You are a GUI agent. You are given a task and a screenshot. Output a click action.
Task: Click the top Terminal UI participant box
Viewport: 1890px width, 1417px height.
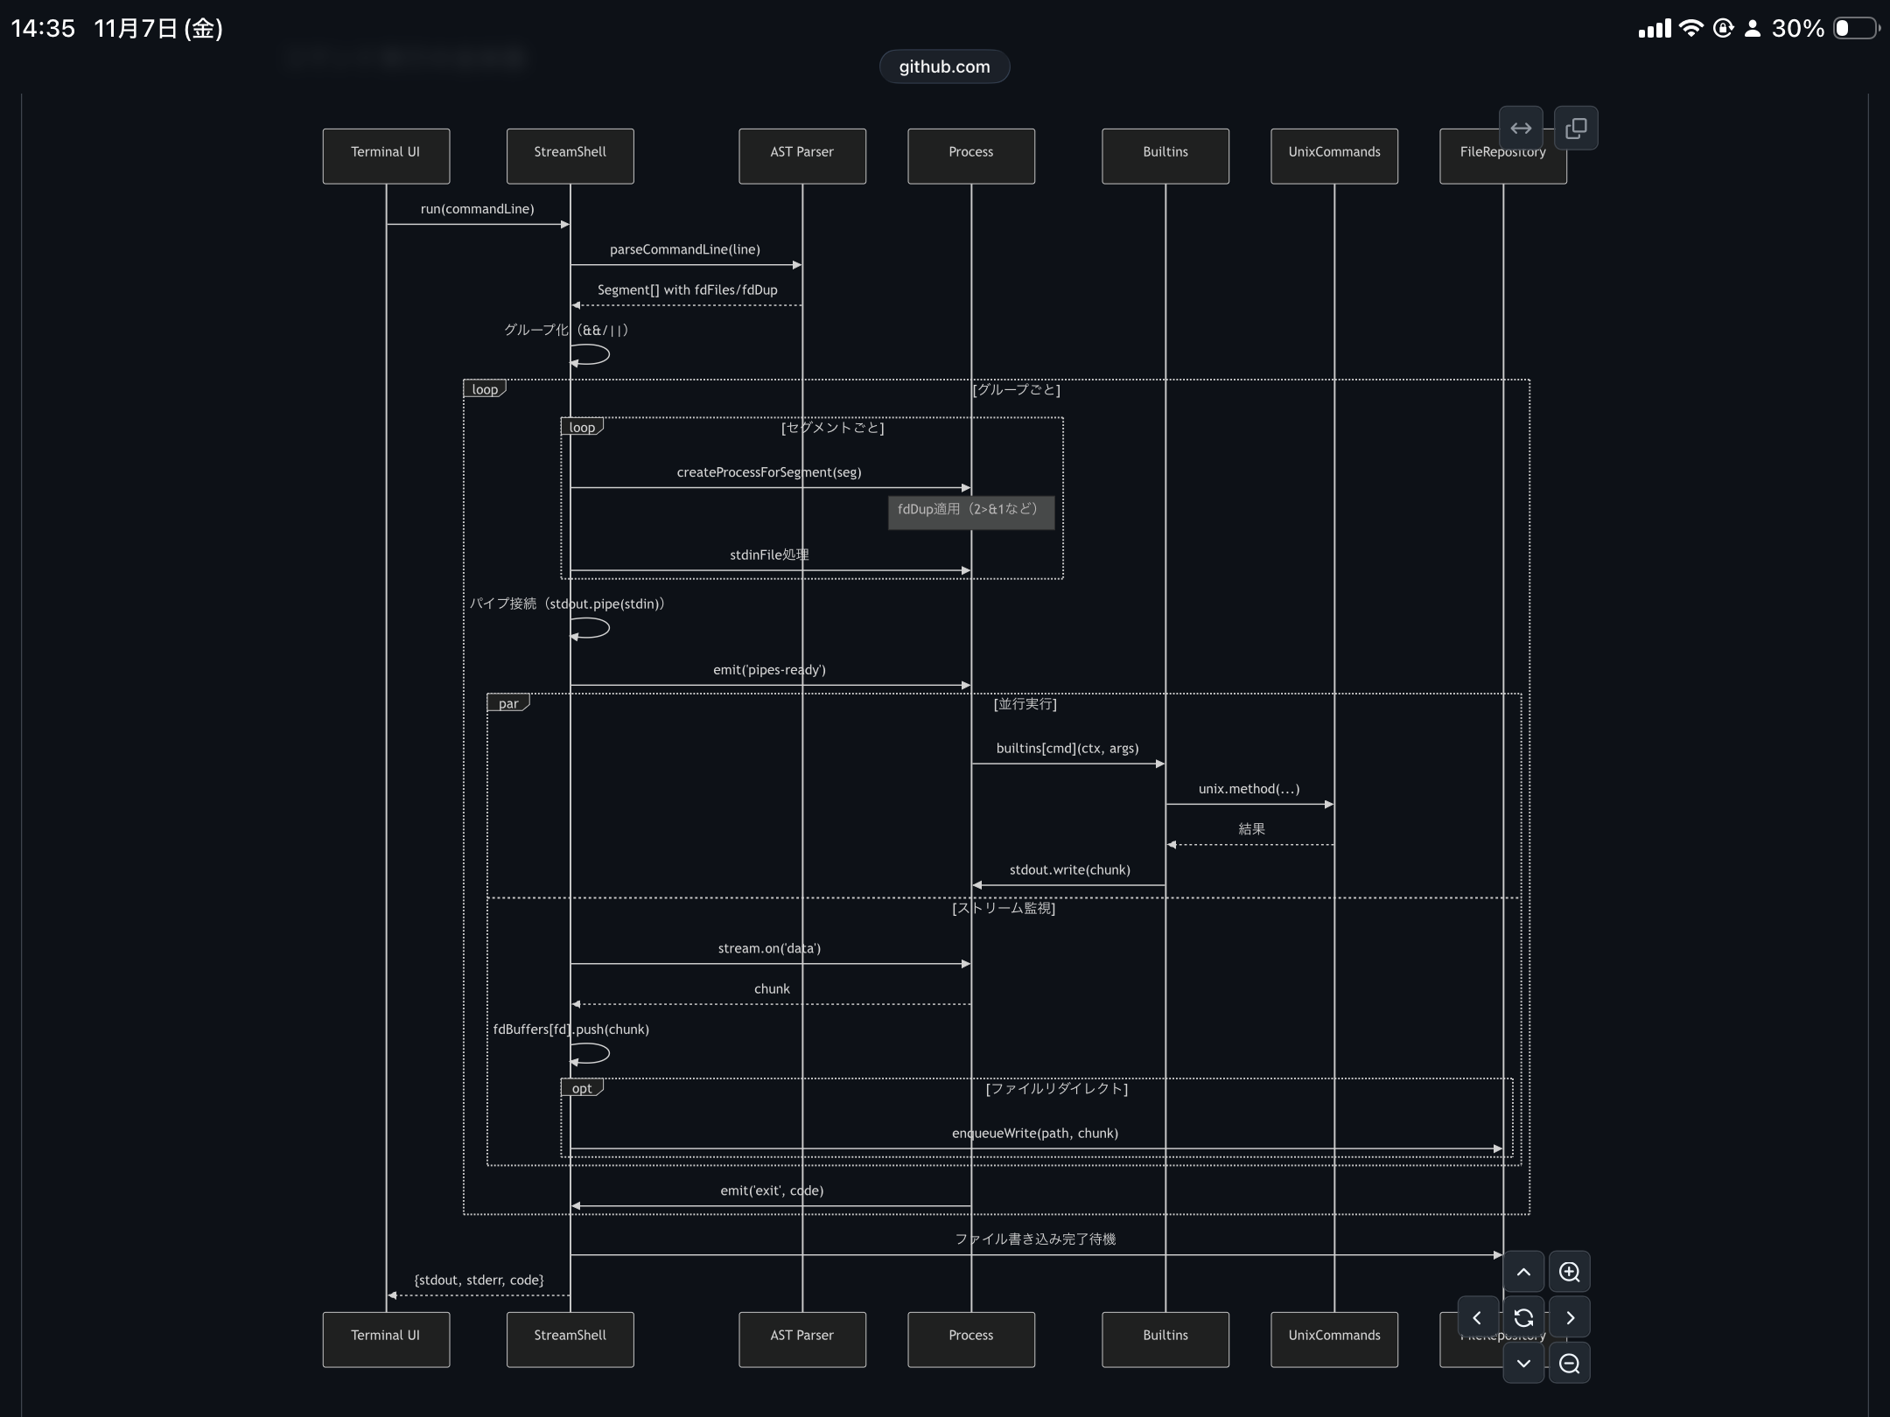(x=386, y=156)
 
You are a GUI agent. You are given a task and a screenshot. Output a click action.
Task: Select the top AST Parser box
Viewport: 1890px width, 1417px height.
(x=801, y=156)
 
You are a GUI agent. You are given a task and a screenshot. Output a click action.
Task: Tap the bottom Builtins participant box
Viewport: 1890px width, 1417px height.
(x=1165, y=1338)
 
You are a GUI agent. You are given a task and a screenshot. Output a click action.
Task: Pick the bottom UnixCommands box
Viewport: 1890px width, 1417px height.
(x=1333, y=1338)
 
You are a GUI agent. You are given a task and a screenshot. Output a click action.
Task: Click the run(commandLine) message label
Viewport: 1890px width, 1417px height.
(x=477, y=209)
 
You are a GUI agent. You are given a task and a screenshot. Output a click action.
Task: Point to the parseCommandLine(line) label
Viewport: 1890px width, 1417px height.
(x=684, y=249)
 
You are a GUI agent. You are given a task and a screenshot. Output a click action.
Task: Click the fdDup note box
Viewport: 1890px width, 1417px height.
(x=970, y=512)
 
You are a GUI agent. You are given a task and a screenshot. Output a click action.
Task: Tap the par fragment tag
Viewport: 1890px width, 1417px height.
(x=507, y=703)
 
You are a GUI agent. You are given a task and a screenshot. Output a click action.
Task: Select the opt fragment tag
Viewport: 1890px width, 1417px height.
(x=581, y=1088)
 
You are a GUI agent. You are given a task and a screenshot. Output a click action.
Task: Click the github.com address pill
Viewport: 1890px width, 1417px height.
(x=944, y=66)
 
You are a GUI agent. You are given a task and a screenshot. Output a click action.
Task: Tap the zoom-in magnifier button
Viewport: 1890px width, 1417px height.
(x=1569, y=1272)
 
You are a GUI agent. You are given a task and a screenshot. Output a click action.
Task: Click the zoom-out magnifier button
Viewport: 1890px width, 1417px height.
(x=1569, y=1363)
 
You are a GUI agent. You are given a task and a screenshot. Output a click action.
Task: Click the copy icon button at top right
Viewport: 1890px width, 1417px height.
(x=1576, y=129)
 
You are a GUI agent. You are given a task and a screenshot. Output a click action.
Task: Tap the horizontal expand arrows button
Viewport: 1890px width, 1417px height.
(x=1521, y=129)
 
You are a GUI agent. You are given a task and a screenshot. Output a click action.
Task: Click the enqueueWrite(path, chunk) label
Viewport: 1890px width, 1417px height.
(x=1034, y=1133)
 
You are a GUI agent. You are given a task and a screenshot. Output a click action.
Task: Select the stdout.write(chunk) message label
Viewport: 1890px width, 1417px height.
(x=1069, y=869)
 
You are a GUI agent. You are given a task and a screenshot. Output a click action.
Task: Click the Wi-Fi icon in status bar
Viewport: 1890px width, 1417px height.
(x=1690, y=28)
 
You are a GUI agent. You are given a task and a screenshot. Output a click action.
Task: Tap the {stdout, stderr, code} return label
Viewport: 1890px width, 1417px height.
(x=479, y=1280)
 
